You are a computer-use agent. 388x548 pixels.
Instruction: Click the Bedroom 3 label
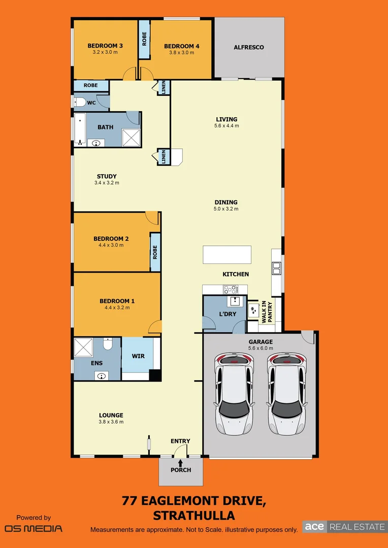tap(105, 46)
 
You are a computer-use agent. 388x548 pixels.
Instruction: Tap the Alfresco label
tap(248, 47)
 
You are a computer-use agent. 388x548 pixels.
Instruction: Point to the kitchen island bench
tap(227, 255)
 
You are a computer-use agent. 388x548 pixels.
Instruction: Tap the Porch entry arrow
tap(180, 462)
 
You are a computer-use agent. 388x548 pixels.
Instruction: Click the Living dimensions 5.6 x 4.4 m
tap(226, 126)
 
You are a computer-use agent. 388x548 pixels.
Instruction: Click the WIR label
tap(138, 356)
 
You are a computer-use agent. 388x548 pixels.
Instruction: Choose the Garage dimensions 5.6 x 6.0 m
tap(260, 349)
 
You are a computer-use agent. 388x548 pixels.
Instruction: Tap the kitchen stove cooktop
tap(231, 289)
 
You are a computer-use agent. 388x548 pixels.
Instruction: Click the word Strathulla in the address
tap(193, 516)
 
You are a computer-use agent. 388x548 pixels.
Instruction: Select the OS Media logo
tap(34, 528)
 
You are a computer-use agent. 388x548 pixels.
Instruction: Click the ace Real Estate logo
tap(344, 527)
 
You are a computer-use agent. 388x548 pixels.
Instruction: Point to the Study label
tap(107, 177)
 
